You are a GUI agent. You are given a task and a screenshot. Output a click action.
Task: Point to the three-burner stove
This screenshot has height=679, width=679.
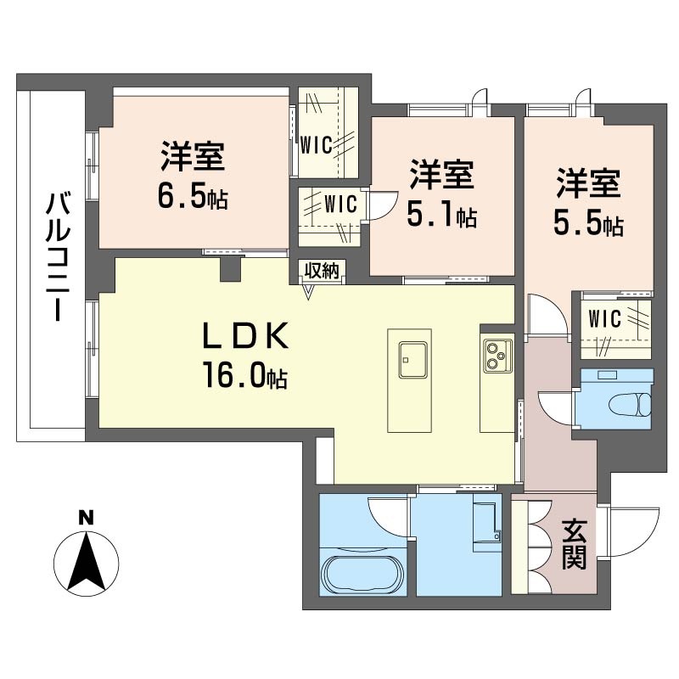click(497, 355)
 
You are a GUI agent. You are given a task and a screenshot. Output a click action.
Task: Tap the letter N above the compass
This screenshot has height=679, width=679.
click(87, 518)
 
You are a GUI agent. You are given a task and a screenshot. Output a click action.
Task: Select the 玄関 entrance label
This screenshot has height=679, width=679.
click(575, 544)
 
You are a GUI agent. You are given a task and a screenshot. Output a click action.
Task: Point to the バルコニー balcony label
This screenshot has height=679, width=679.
click(58, 256)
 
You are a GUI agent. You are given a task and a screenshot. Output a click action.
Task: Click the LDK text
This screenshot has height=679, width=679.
click(245, 336)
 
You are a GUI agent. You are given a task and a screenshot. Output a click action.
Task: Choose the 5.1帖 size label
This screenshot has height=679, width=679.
click(441, 216)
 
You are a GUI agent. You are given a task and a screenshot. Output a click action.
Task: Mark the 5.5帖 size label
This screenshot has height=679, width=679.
click(588, 223)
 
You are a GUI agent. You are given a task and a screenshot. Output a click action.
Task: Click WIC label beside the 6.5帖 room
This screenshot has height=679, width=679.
click(316, 145)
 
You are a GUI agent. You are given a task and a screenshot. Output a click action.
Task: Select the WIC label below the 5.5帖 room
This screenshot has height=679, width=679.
click(604, 319)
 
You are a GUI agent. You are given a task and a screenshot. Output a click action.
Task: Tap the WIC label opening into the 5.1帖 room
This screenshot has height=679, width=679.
click(341, 204)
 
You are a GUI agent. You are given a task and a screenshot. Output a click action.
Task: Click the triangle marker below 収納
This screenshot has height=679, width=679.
click(308, 292)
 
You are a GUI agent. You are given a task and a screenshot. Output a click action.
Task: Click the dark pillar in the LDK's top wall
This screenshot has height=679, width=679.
click(230, 269)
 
